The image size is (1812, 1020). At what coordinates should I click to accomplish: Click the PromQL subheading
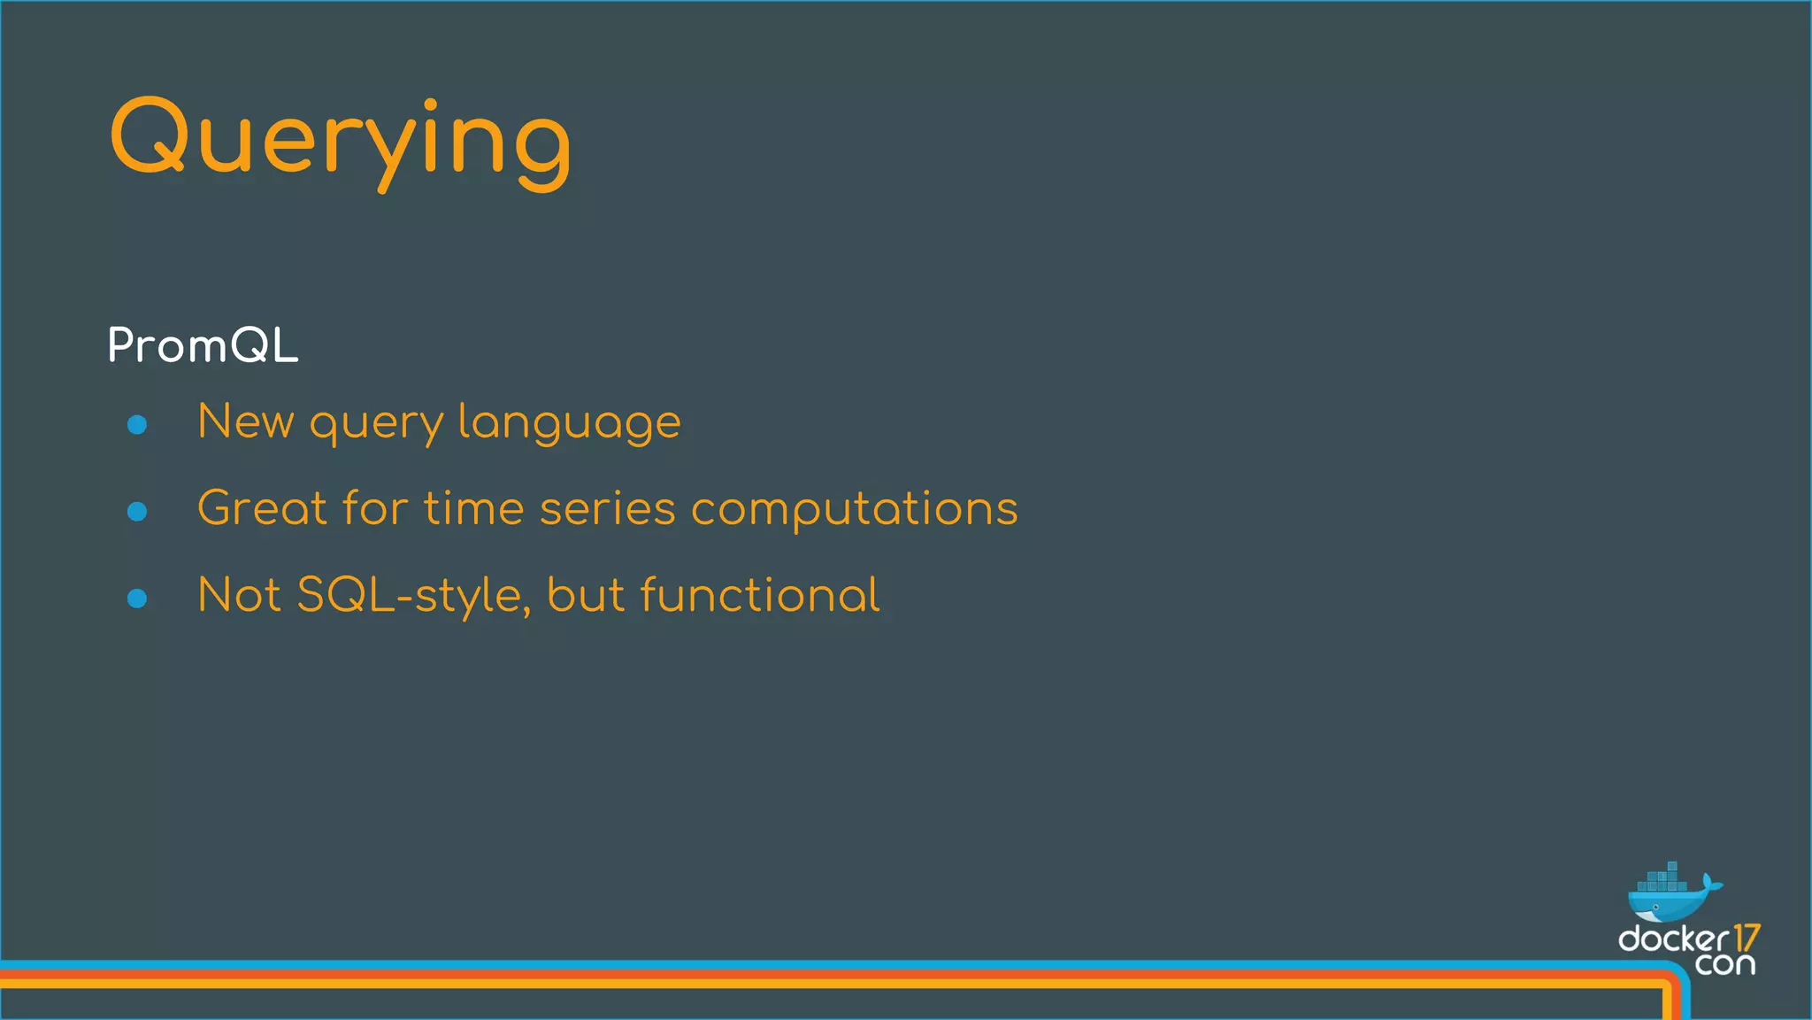(203, 345)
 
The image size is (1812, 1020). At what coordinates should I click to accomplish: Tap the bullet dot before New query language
(137, 425)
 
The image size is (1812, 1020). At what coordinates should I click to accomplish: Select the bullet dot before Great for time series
(137, 511)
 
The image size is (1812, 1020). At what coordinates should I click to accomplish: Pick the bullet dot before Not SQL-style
(137, 599)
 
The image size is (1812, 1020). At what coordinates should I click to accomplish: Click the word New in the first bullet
(245, 421)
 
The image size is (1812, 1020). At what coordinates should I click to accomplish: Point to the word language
(569, 423)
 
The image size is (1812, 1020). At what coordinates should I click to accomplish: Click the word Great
(262, 508)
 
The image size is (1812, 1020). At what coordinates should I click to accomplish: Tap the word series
(607, 509)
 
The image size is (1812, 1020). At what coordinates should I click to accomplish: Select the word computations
(854, 510)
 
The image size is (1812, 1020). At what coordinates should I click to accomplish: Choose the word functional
(759, 595)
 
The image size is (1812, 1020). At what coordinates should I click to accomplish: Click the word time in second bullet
(474, 509)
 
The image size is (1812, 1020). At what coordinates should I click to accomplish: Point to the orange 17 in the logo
(1746, 938)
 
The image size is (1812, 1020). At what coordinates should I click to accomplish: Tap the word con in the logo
(1724, 964)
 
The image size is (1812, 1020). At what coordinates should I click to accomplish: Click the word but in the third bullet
(585, 595)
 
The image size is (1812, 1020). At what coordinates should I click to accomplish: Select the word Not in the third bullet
(238, 595)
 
